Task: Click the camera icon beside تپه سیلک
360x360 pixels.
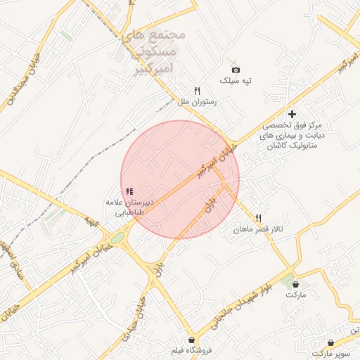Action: coord(236,70)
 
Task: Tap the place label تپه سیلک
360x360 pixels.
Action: coord(236,81)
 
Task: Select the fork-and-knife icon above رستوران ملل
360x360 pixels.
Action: coord(197,91)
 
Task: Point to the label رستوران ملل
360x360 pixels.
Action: coord(197,102)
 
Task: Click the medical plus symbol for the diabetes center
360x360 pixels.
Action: coord(292,114)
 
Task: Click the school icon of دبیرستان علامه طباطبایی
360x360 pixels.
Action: coord(129,191)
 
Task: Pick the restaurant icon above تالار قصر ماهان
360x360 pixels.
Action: coord(259,219)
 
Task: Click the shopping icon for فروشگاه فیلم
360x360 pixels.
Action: coord(192,340)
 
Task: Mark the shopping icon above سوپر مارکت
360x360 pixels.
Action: coord(330,343)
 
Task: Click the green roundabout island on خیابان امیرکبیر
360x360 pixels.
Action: coord(117,238)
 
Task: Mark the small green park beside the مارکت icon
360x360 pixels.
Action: coord(286,282)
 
